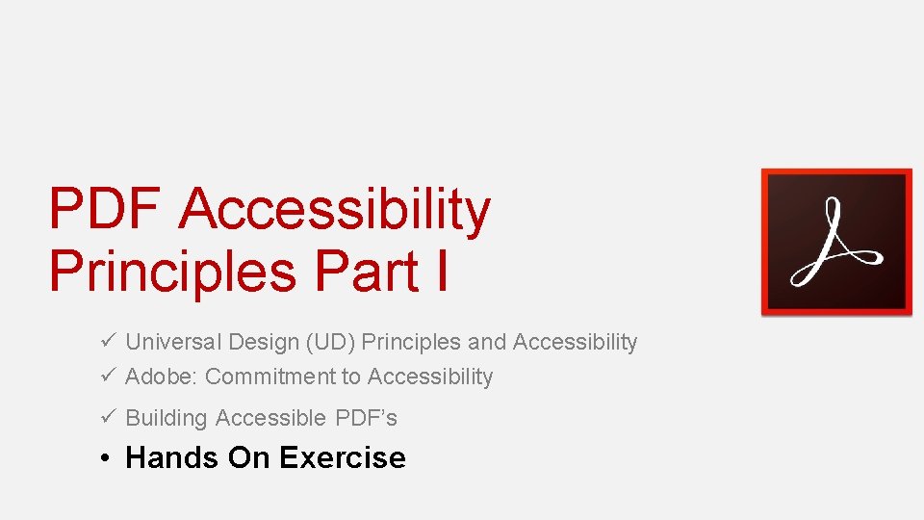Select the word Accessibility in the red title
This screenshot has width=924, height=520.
pyautogui.click(x=335, y=209)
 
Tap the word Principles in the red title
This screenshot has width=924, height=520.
pyautogui.click(x=172, y=271)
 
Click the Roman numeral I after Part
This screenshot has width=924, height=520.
pyautogui.click(x=440, y=271)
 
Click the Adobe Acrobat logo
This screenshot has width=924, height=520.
pyautogui.click(x=835, y=242)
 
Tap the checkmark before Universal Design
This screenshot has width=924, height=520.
pyautogui.click(x=107, y=342)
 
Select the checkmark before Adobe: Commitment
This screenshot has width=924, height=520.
pyautogui.click(x=107, y=377)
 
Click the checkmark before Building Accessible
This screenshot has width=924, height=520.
pyautogui.click(x=107, y=418)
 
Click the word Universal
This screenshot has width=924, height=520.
pyautogui.click(x=173, y=342)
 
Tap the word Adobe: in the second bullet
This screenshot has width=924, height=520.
pyautogui.click(x=162, y=377)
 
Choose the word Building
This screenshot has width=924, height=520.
pyautogui.click(x=167, y=418)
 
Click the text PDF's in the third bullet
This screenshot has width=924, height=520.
pyautogui.click(x=367, y=418)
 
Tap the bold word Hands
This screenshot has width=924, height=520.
pyautogui.click(x=172, y=457)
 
